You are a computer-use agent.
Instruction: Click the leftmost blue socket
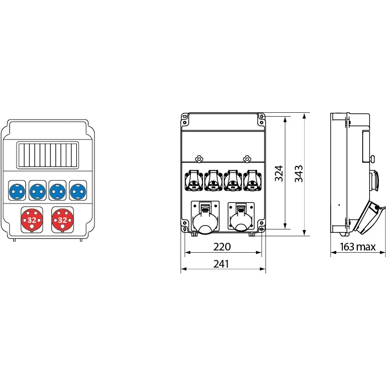pyautogui.click(x=17, y=191)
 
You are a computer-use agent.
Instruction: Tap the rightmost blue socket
pyautogui.click(x=78, y=191)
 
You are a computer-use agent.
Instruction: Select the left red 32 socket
pyautogui.click(x=32, y=220)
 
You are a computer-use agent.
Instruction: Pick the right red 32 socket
pyautogui.click(x=62, y=220)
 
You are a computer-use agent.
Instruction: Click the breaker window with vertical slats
pyautogui.click(x=48, y=155)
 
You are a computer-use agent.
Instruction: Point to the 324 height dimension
pyautogui.click(x=279, y=174)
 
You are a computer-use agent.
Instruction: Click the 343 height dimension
pyautogui.click(x=299, y=174)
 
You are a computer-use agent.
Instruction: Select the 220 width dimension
pyautogui.click(x=222, y=247)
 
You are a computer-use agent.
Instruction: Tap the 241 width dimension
pyautogui.click(x=221, y=264)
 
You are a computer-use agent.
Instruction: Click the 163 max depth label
pyautogui.click(x=358, y=247)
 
